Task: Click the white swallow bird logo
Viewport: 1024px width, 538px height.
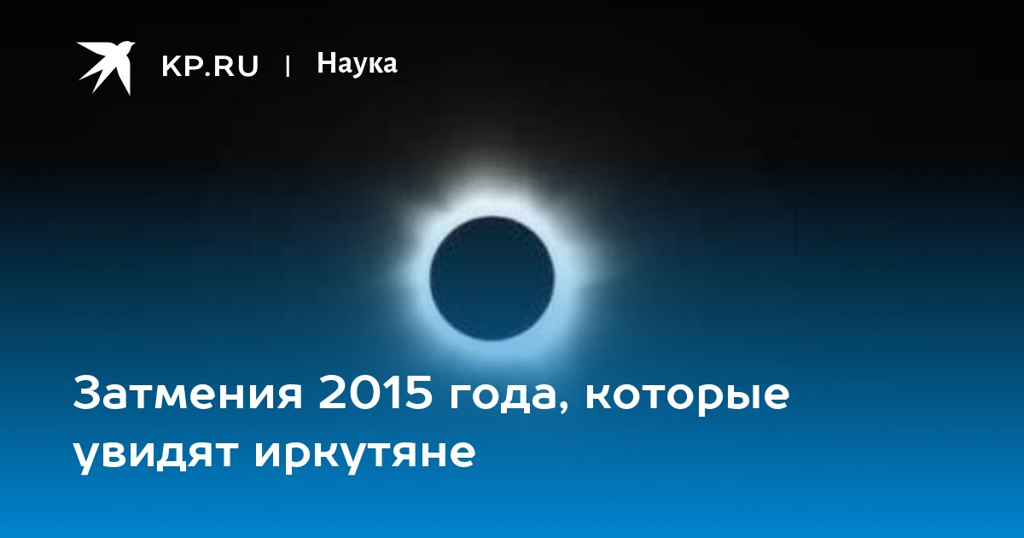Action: tap(106, 67)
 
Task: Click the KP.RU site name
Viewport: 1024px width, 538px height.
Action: tap(210, 66)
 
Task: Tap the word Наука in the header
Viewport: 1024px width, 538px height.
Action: tap(357, 63)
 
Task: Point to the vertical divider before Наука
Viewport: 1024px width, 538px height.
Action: tap(288, 66)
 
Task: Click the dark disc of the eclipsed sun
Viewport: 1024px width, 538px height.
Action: tap(492, 278)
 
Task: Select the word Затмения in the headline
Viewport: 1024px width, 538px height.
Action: tap(188, 394)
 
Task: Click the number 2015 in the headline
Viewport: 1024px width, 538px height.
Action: tap(375, 394)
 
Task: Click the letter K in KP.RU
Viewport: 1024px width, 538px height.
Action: tap(172, 66)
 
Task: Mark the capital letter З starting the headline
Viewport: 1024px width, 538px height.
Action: tap(87, 394)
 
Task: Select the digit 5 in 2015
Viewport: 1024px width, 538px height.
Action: tap(418, 394)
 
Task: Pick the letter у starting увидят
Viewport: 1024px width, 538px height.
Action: tap(87, 459)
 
